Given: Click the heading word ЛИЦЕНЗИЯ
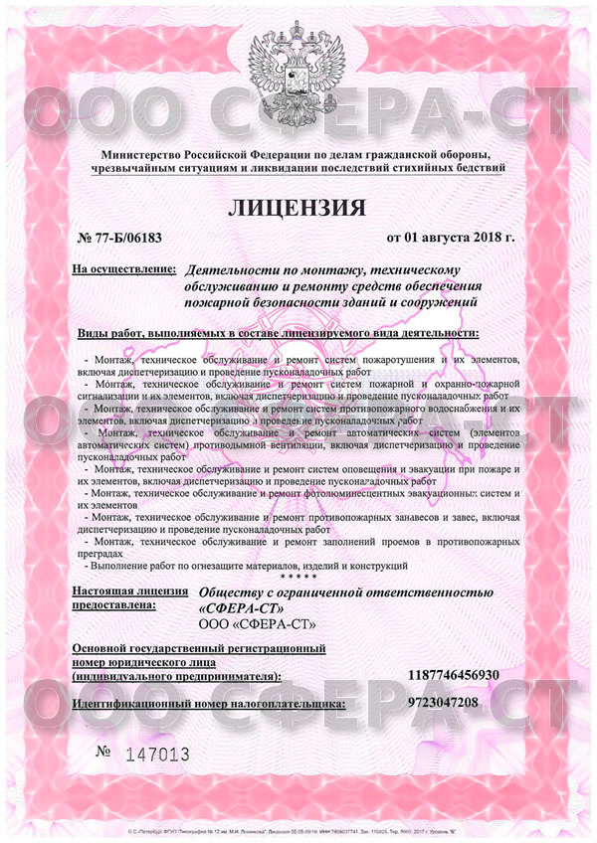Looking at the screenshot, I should (x=298, y=209).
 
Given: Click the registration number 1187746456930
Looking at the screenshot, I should (x=454, y=675).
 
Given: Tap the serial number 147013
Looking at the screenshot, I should (x=157, y=755).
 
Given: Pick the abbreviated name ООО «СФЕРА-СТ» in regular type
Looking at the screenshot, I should (x=258, y=624).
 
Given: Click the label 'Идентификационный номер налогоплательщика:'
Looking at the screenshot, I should (x=210, y=703).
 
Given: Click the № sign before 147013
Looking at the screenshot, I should (x=104, y=752).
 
